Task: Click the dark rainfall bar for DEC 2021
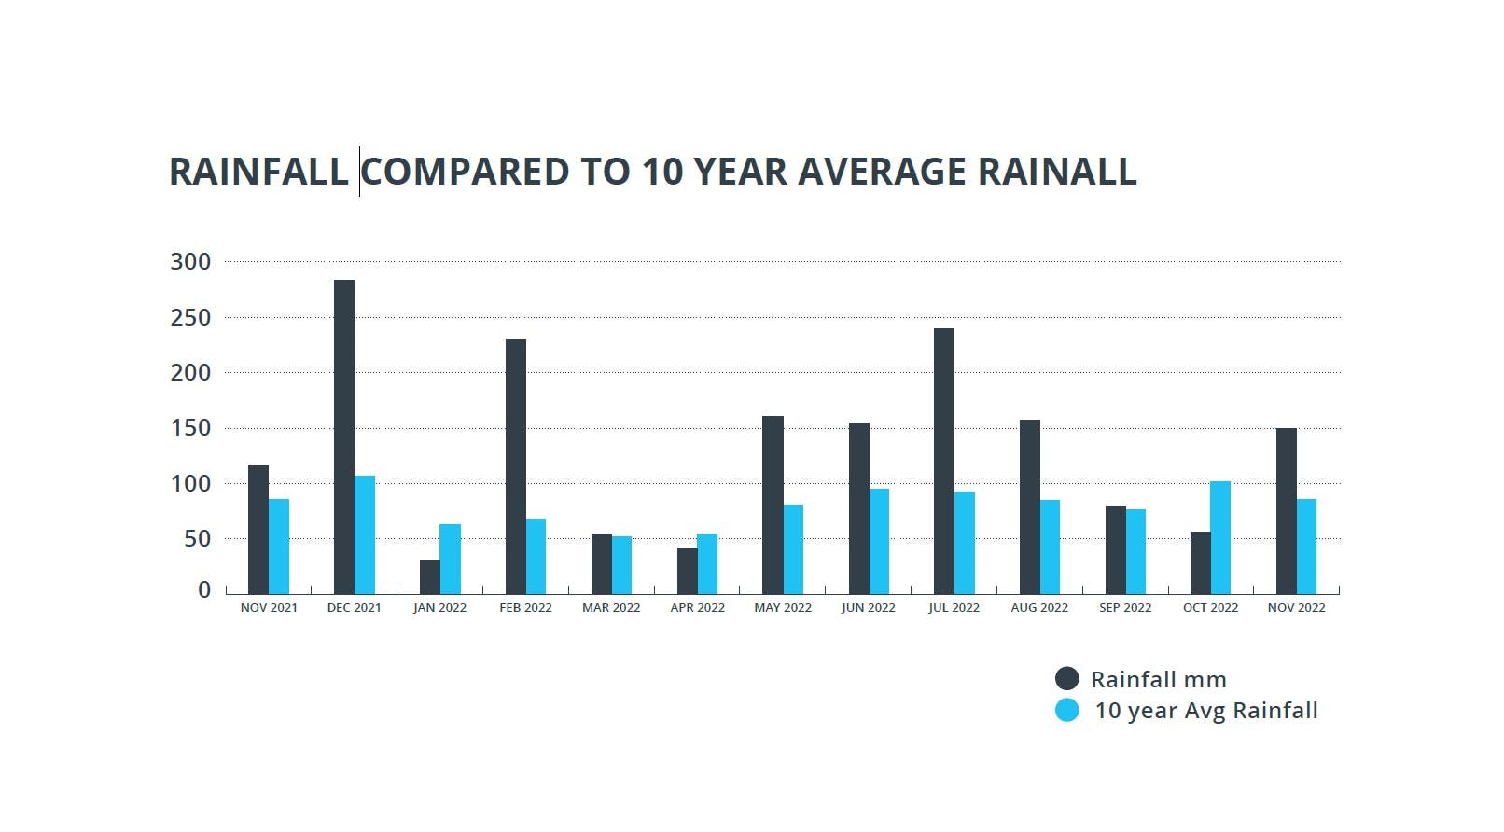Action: tap(344, 437)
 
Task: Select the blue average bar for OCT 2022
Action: tap(1220, 537)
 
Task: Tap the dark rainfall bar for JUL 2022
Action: tap(943, 461)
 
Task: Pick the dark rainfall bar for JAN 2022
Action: tap(429, 576)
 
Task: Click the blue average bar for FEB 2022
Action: tap(536, 556)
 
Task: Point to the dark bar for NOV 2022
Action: tap(1286, 510)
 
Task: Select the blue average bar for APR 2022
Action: tap(707, 563)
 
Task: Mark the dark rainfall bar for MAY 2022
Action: tap(773, 505)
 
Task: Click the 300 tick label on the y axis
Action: tap(190, 262)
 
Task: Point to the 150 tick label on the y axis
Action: tap(190, 428)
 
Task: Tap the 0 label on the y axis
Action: tap(204, 590)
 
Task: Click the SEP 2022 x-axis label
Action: tap(1124, 608)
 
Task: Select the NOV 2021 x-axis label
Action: tap(269, 608)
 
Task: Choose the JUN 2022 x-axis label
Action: tap(868, 608)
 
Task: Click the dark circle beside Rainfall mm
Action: tap(1066, 679)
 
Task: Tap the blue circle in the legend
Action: tap(1066, 711)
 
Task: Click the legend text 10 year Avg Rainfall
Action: tap(1205, 711)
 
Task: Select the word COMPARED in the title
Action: tap(465, 173)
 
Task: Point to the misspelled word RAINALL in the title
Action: tap(1057, 173)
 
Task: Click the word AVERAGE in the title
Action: tap(882, 173)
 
